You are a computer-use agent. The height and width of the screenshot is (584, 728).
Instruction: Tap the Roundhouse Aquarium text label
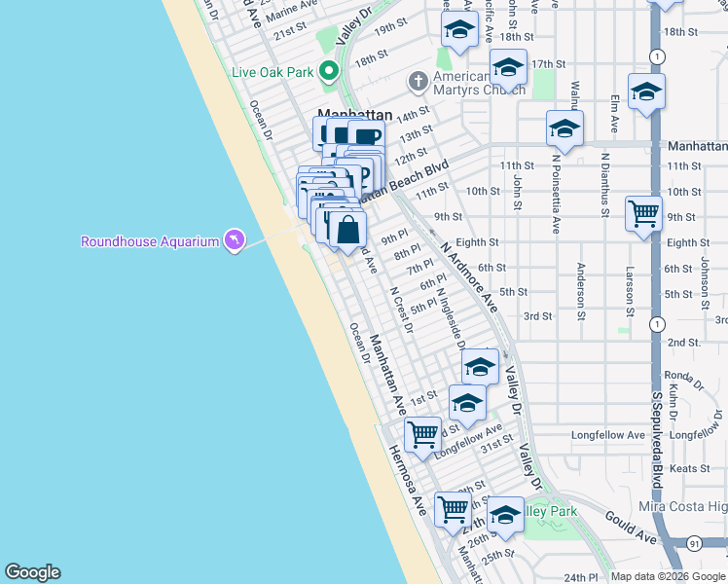tap(149, 241)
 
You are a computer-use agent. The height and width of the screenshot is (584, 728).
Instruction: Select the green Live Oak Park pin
tap(329, 70)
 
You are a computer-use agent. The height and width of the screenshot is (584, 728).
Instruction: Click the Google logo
tap(32, 572)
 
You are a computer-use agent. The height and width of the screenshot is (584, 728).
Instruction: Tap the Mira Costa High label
tap(682, 507)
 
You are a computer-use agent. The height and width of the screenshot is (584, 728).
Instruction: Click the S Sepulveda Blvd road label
tap(659, 433)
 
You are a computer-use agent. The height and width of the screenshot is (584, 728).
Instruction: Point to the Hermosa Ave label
tap(406, 479)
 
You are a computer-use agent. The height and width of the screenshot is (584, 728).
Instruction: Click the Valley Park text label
tap(549, 511)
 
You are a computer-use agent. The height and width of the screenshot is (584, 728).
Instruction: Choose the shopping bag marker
tap(347, 231)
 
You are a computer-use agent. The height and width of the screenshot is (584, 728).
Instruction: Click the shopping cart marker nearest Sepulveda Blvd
tap(643, 213)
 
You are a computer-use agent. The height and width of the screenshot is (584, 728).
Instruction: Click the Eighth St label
tap(477, 242)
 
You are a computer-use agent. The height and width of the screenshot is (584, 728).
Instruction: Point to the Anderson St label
tap(581, 291)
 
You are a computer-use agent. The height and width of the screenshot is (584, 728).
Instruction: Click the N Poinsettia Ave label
tap(556, 193)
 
